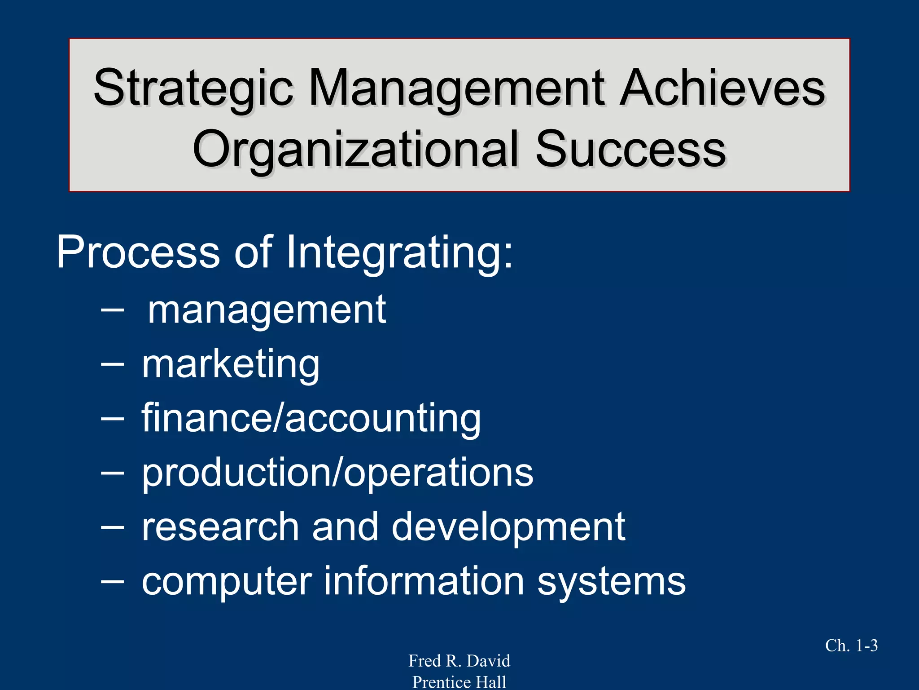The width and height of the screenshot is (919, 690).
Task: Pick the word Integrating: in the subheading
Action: pos(399,252)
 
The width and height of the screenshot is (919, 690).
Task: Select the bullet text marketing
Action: pos(231,364)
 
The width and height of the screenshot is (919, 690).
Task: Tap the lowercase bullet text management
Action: pos(267,310)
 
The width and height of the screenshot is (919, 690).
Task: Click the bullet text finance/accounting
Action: pos(311,418)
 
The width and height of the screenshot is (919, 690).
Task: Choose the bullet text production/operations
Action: pos(337,473)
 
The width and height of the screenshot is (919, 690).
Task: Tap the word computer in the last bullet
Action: pos(227,581)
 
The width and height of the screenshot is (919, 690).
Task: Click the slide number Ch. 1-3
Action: pos(851,646)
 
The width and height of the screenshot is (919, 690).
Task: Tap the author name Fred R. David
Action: pos(459,661)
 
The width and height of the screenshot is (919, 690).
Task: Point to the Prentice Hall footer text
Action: pos(459,682)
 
